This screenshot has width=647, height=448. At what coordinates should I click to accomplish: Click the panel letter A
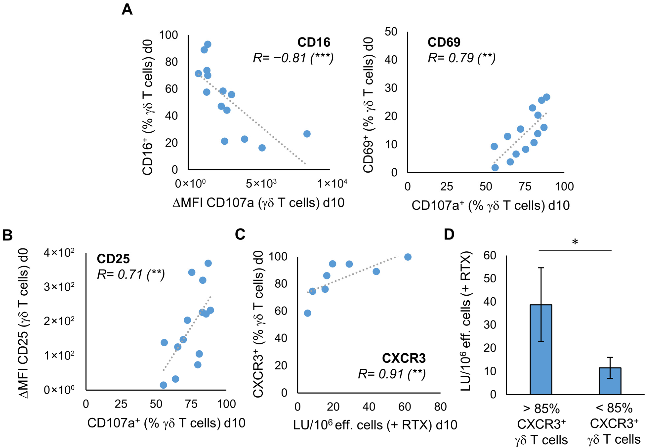pyautogui.click(x=127, y=10)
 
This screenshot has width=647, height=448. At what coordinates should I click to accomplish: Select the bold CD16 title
pyautogui.click(x=314, y=42)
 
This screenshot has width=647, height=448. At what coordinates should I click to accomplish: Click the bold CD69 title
pyautogui.click(x=444, y=42)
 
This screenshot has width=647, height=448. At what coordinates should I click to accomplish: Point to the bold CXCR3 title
pyautogui.click(x=404, y=358)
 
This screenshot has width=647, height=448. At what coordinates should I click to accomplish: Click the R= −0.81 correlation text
pyautogui.click(x=293, y=58)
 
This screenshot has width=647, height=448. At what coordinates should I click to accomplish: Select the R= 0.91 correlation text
pyautogui.click(x=391, y=374)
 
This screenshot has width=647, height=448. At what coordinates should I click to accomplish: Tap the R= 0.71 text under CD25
pyautogui.click(x=131, y=274)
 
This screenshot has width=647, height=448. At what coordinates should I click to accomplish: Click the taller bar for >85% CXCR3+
pyautogui.click(x=541, y=349)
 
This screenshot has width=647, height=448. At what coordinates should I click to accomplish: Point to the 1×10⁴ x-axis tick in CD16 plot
pyautogui.click(x=332, y=184)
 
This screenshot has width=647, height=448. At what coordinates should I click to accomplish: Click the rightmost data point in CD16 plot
pyautogui.click(x=307, y=134)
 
